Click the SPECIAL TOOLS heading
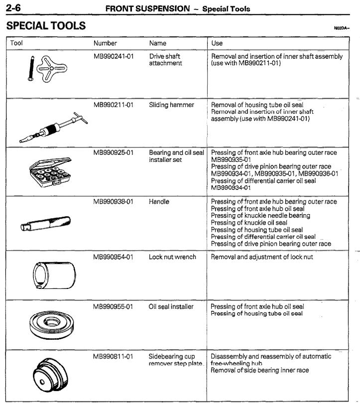click(46, 25)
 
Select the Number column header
click(105, 43)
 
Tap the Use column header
click(217, 43)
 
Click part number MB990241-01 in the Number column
click(114, 57)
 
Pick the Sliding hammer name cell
click(171, 106)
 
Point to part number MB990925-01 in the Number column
click(114, 153)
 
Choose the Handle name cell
click(159, 202)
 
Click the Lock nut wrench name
click(172, 258)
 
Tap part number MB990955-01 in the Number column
click(114, 307)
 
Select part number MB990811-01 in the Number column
click(114, 357)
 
